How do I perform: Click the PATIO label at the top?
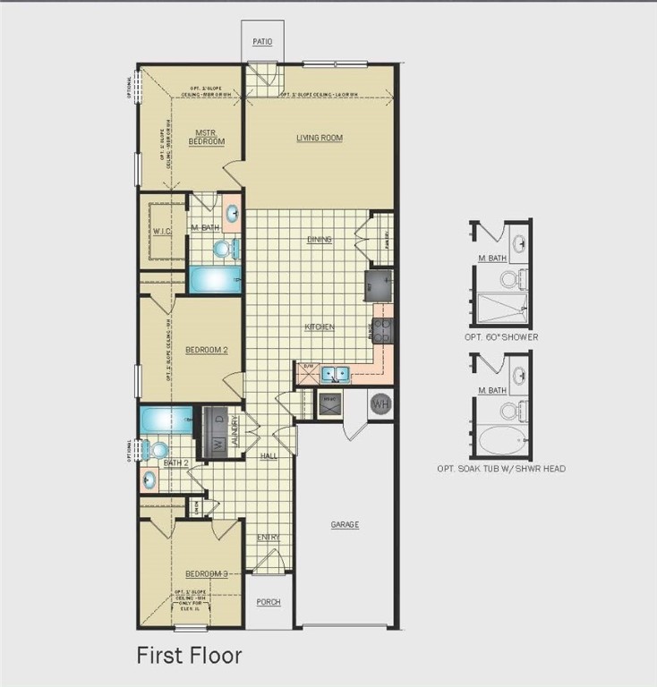tap(261, 42)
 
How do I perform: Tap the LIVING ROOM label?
tap(320, 138)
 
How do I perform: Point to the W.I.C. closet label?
tap(162, 232)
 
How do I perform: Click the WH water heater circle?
tap(380, 403)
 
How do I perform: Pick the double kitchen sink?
tap(336, 374)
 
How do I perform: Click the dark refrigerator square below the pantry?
tap(377, 285)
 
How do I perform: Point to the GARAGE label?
tap(345, 525)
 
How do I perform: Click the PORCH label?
tap(269, 602)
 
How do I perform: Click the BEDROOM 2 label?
tap(206, 350)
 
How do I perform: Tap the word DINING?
tap(319, 240)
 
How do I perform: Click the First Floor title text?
tap(189, 656)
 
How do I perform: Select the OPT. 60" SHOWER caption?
tap(501, 337)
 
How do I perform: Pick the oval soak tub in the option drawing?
tap(501, 441)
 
